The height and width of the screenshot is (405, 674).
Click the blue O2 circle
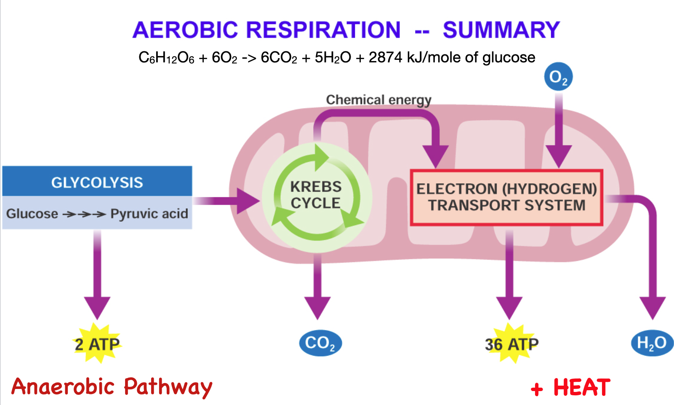coord(558,77)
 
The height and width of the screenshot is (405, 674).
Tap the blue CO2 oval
coord(320,343)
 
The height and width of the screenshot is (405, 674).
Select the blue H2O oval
coord(652,343)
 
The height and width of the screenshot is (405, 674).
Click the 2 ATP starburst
coord(97,344)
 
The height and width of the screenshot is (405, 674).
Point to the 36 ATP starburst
coord(511,344)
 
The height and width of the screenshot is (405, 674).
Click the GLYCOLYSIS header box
coord(97,182)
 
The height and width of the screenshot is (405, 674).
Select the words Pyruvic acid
coord(149,214)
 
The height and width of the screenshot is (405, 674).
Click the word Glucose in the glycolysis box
coord(32,214)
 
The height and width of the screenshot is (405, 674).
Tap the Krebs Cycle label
coord(316,195)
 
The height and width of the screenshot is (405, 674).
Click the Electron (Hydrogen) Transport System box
coord(506,197)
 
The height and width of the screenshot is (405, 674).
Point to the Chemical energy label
coord(378,100)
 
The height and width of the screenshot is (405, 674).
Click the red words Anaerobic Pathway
coord(112,386)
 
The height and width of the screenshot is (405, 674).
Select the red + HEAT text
coord(570,388)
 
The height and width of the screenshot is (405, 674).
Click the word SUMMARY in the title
coord(501,30)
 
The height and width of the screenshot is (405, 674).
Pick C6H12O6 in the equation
coord(166,58)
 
